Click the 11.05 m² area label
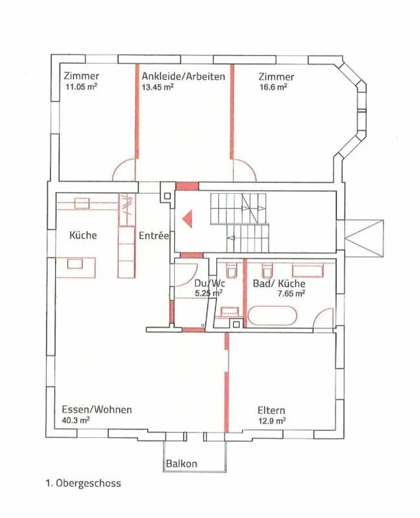tap(81, 87)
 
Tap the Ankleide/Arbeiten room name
tap(183, 76)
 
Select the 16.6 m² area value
tap(273, 87)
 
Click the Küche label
tap(83, 235)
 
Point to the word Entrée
tap(154, 236)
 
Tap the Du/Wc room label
tap(209, 283)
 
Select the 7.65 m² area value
tap(291, 293)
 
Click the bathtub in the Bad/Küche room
tap(272, 316)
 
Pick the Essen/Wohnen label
tap(97, 410)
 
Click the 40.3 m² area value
tap(76, 421)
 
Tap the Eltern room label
tap(271, 411)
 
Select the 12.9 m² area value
tap(272, 421)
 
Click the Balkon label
tap(181, 464)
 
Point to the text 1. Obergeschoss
tap(83, 483)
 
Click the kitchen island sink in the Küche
tap(75, 264)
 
